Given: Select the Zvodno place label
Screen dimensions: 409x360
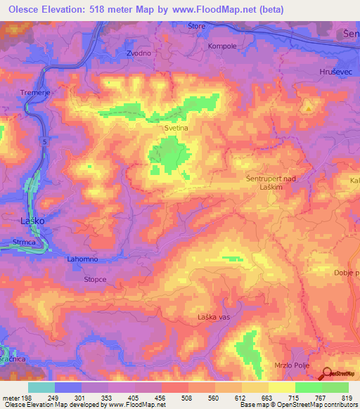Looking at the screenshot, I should click(x=140, y=53).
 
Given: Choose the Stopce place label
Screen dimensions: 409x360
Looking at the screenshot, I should click(x=95, y=279).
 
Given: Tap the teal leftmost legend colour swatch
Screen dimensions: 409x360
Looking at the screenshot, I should click(x=41, y=387).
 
